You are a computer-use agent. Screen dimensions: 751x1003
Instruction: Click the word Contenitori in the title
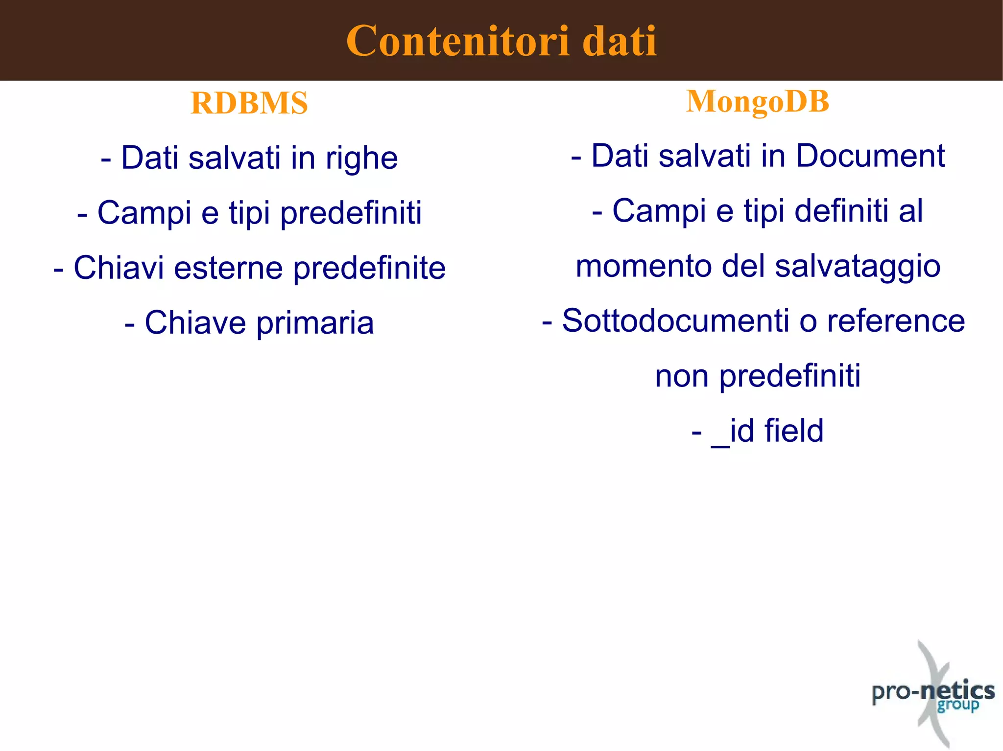point(457,41)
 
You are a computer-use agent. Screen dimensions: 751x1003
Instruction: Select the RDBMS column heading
point(249,103)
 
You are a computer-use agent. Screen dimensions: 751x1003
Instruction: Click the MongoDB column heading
point(758,101)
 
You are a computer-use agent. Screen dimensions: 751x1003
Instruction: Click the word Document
point(870,156)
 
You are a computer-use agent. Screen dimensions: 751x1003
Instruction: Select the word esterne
point(228,268)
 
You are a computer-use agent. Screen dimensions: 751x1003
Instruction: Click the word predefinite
point(369,268)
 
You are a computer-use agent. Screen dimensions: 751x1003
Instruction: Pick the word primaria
point(315,323)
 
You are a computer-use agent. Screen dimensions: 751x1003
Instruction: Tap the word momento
point(644,266)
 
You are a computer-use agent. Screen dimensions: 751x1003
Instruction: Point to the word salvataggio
point(858,267)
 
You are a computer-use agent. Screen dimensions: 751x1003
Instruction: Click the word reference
point(896,321)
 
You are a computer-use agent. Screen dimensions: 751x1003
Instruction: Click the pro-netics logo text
point(932,691)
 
